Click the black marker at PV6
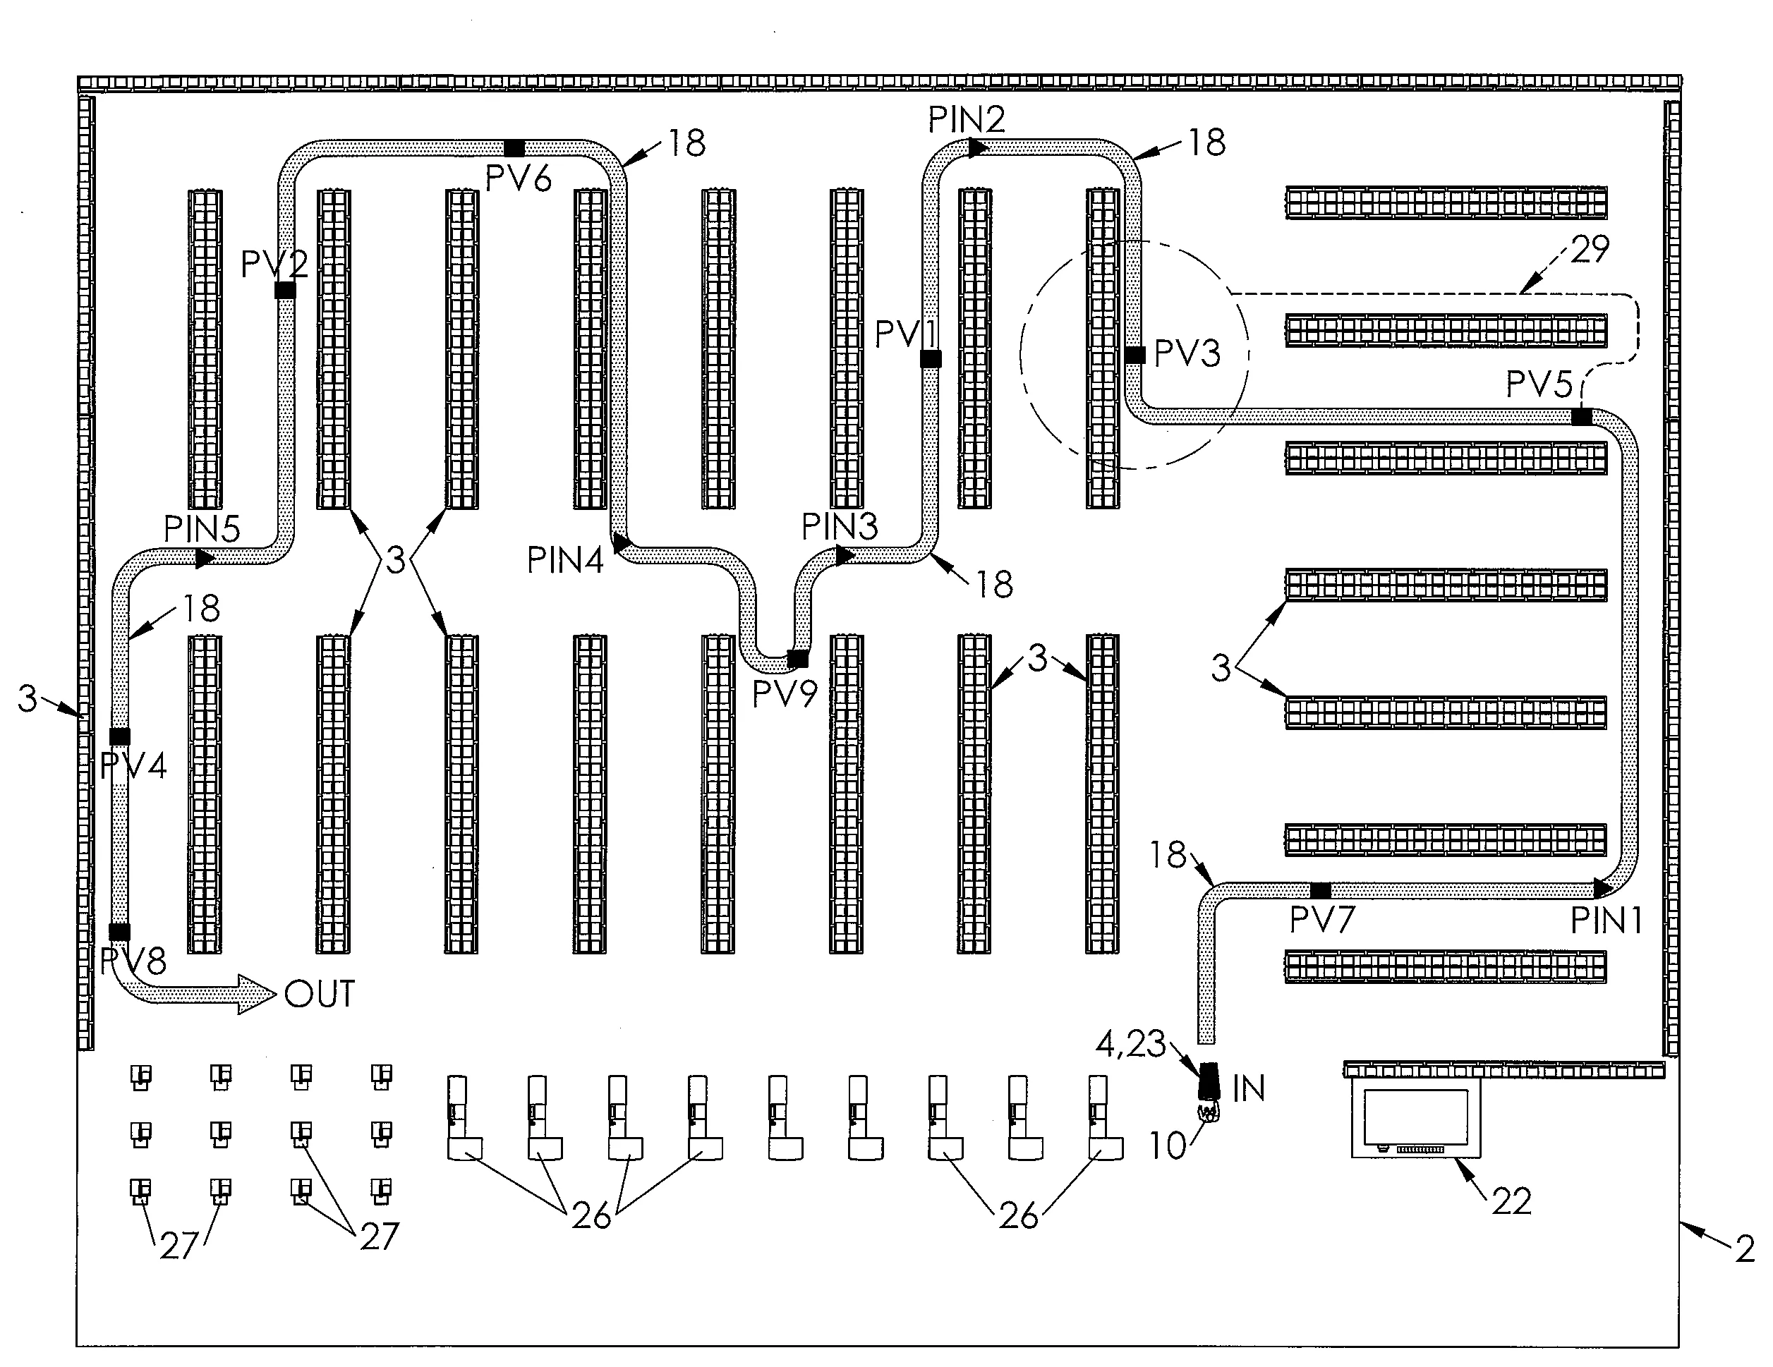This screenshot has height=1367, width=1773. [x=514, y=147]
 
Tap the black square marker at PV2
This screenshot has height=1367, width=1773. [x=285, y=290]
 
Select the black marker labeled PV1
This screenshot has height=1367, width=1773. [x=931, y=358]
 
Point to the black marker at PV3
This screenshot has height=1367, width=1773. [x=1135, y=355]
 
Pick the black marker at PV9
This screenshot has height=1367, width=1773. [x=798, y=658]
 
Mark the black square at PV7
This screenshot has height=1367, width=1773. [x=1321, y=889]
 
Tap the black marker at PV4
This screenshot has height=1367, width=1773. [x=119, y=736]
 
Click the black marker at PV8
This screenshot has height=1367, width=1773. [x=119, y=931]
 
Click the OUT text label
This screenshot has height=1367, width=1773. [x=319, y=995]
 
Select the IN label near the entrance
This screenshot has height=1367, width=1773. [x=1249, y=1089]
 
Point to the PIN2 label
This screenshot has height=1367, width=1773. [x=966, y=120]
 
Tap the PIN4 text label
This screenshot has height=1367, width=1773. [x=565, y=560]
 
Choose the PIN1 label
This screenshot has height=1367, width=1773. [x=1606, y=921]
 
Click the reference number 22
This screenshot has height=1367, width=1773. [x=1511, y=1201]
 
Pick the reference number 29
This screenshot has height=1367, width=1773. [x=1590, y=249]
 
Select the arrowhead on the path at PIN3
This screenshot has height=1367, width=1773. [x=845, y=555]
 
